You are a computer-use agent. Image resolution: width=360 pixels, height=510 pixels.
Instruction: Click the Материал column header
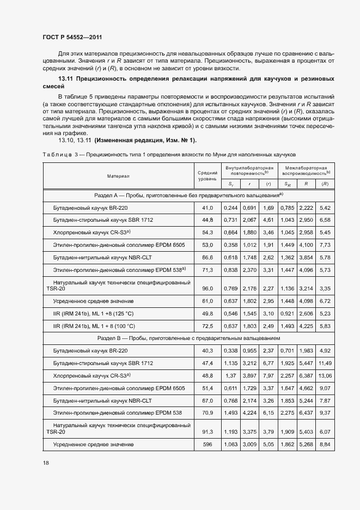tap(119, 175)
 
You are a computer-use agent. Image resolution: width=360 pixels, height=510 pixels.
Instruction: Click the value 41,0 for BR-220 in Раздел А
tap(208, 208)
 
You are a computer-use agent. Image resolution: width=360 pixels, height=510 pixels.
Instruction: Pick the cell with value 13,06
tap(325, 376)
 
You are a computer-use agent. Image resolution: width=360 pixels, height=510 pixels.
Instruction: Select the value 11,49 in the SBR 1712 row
tap(325, 363)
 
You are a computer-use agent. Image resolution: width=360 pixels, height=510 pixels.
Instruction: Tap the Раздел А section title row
tap(188, 195)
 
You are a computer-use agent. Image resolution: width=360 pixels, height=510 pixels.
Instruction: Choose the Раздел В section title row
tap(188, 338)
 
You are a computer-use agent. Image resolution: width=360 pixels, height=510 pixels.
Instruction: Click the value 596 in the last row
tap(208, 445)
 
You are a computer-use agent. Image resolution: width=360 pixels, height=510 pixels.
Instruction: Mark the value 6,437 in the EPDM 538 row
tap(307, 414)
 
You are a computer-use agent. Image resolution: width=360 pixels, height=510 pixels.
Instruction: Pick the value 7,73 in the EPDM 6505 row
tap(325, 245)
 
